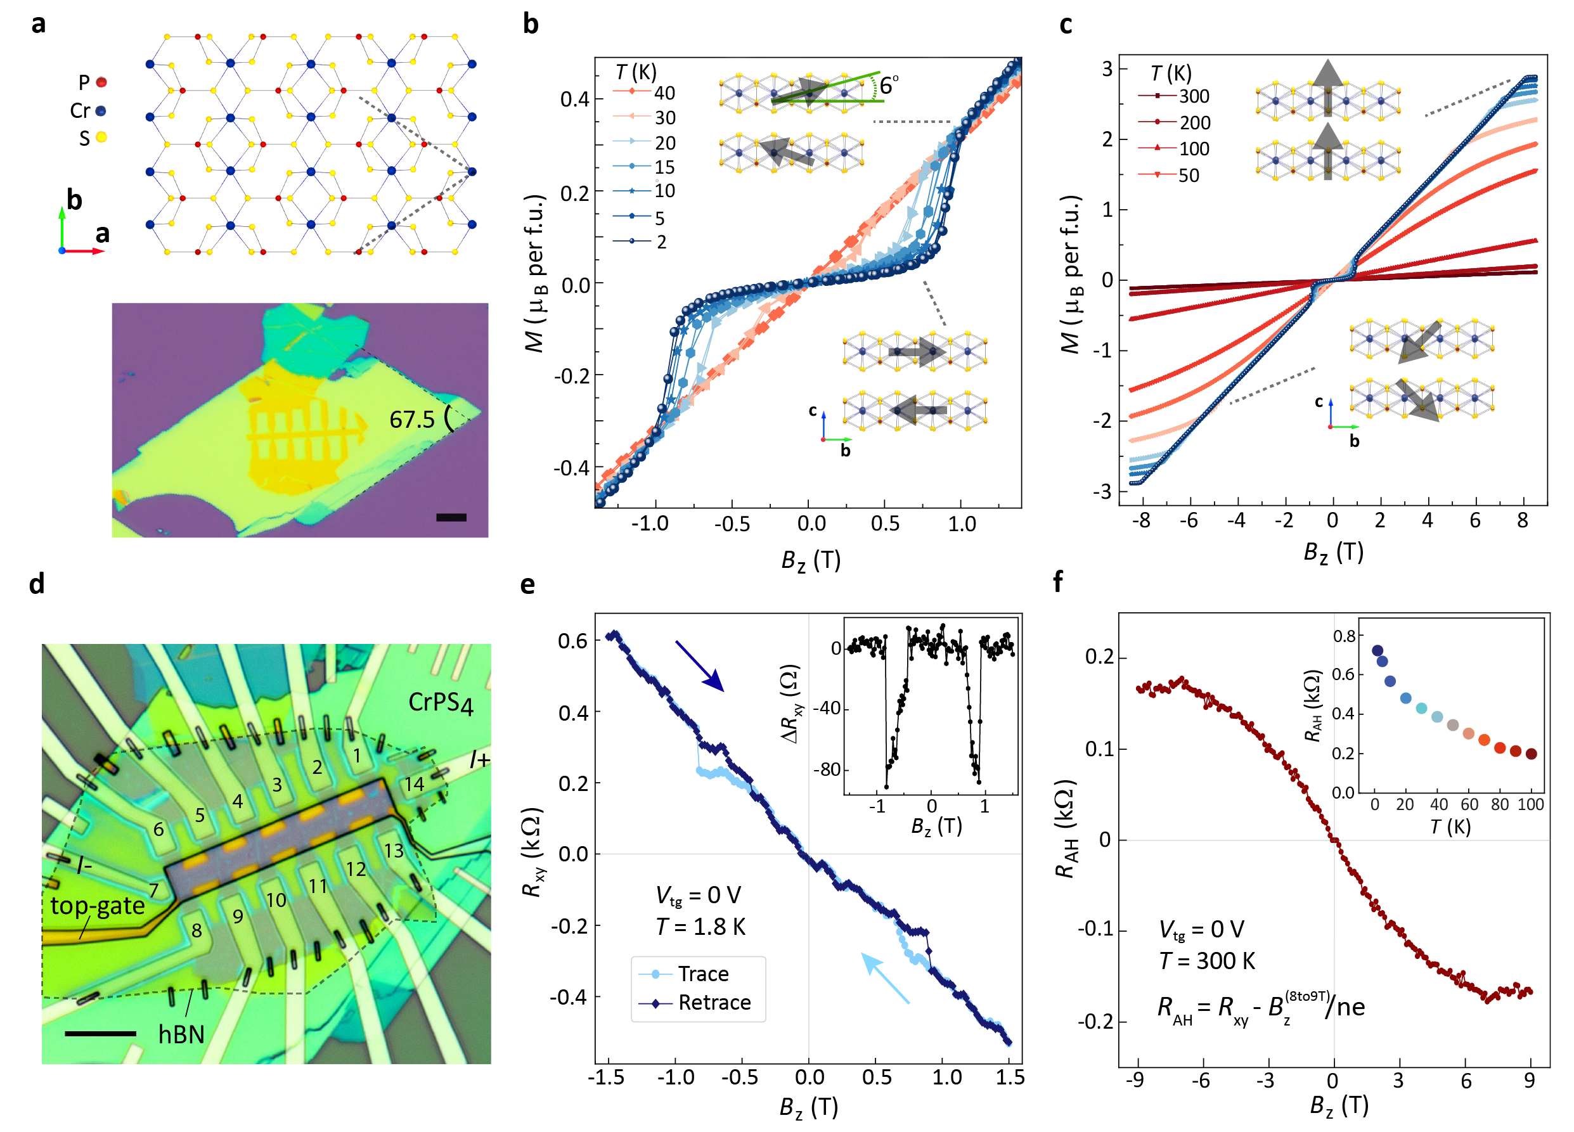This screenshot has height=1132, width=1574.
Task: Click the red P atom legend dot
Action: pos(101,82)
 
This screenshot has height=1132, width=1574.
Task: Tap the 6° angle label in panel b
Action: pos(888,85)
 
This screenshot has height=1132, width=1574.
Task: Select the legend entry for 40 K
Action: pos(644,93)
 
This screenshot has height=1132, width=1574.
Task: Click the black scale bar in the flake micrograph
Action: pos(451,517)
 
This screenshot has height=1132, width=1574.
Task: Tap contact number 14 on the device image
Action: pos(415,784)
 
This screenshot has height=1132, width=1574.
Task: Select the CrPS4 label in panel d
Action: pos(441,702)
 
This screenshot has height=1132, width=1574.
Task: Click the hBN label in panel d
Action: pos(181,1034)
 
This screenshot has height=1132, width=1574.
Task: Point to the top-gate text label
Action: pos(97,906)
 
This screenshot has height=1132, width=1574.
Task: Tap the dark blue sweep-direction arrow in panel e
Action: pos(700,666)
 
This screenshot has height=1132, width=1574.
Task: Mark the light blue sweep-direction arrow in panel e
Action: pos(885,979)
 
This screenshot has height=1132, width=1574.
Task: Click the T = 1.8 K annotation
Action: pos(700,927)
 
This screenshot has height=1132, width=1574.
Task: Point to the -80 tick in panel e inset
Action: pos(826,769)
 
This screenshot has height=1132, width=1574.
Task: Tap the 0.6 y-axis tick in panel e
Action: pos(572,641)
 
